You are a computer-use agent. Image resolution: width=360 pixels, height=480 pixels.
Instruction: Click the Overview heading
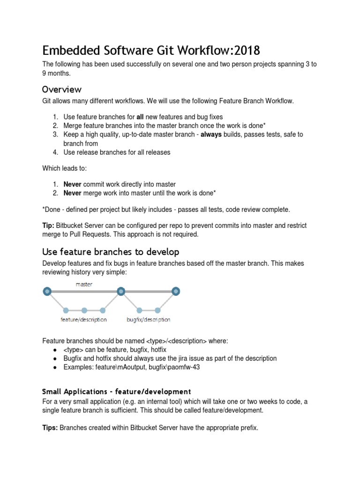pyautogui.click(x=62, y=89)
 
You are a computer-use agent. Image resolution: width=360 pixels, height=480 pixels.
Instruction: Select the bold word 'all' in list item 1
pyautogui.click(x=141, y=117)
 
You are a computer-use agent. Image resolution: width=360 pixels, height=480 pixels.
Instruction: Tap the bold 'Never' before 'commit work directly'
pyautogui.click(x=73, y=184)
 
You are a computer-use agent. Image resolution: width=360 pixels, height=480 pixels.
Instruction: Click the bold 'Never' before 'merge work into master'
pyautogui.click(x=73, y=193)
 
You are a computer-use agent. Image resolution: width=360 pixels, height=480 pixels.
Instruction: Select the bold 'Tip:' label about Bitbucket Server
pyautogui.click(x=49, y=225)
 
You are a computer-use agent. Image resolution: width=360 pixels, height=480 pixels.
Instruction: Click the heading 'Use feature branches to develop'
pyautogui.click(x=111, y=252)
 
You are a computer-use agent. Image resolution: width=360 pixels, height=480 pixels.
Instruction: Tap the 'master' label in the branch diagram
pyautogui.click(x=84, y=284)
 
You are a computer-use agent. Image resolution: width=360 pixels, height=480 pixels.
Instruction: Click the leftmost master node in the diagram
pyautogui.click(x=47, y=292)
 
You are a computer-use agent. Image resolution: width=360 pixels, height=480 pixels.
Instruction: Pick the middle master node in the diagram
pyautogui.click(x=121, y=292)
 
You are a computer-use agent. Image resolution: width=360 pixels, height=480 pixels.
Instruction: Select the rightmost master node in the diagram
pyautogui.click(x=176, y=292)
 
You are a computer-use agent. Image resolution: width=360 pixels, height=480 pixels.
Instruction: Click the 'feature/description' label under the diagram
pyautogui.click(x=83, y=320)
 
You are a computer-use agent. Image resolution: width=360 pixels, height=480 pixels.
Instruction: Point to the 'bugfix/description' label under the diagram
pyautogui.click(x=148, y=320)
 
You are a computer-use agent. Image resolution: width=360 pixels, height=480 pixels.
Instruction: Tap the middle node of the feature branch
pyautogui.click(x=84, y=310)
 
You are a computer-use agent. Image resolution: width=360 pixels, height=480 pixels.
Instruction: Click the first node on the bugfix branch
pyautogui.click(x=139, y=310)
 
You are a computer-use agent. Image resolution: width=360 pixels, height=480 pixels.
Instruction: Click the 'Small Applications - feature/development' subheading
pyautogui.click(x=117, y=391)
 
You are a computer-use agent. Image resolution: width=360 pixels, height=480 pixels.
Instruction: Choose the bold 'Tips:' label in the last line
pyautogui.click(x=51, y=428)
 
